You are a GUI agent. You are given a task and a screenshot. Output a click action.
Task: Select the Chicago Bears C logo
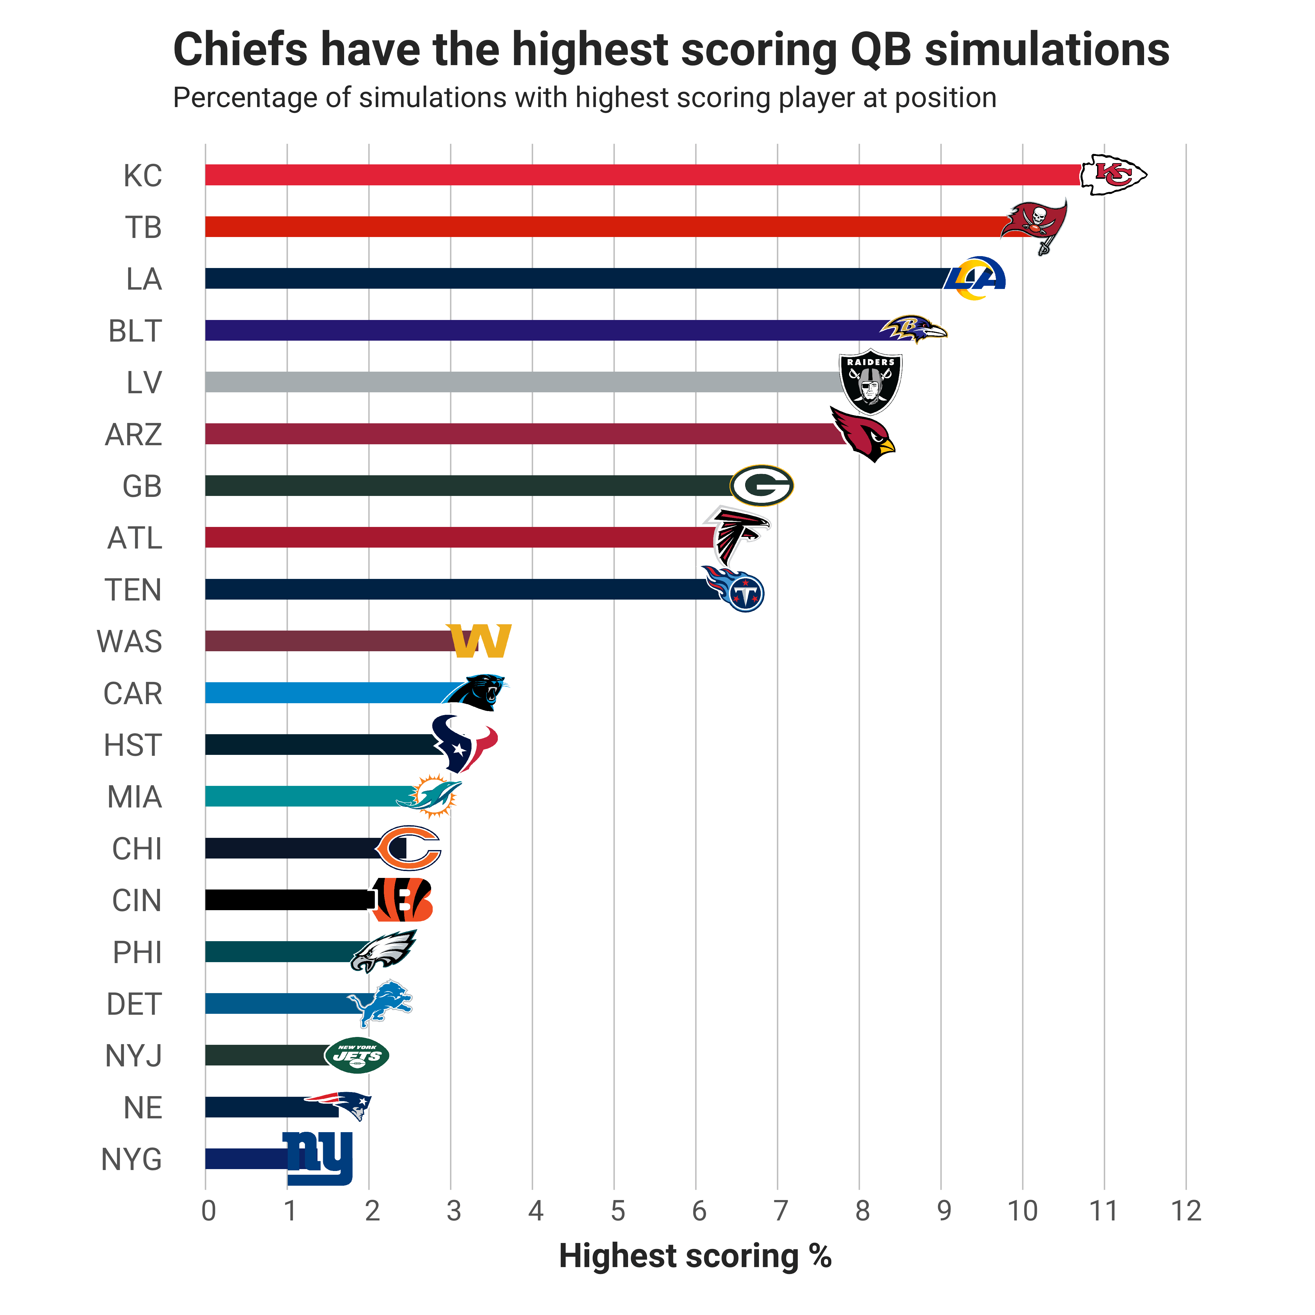coord(408,848)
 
